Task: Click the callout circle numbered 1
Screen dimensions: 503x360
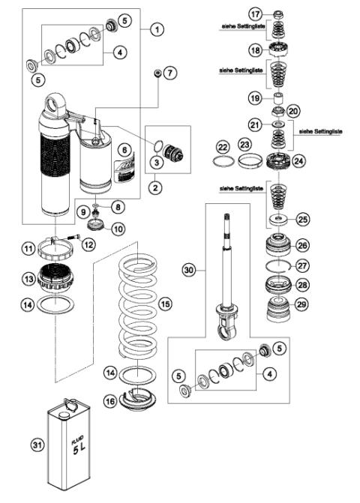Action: click(156, 30)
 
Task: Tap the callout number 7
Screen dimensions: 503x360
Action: click(169, 73)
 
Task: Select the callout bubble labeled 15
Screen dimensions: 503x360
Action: click(165, 304)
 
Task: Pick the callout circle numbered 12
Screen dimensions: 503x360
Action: click(88, 244)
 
